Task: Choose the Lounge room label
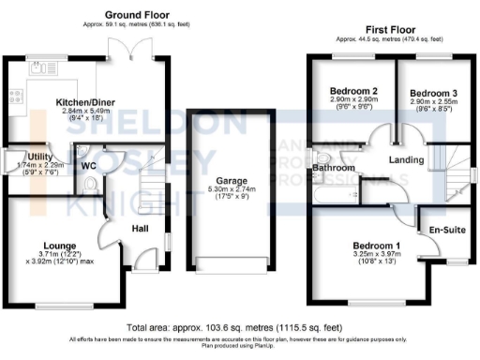[59, 246]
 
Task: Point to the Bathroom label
[332, 168]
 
